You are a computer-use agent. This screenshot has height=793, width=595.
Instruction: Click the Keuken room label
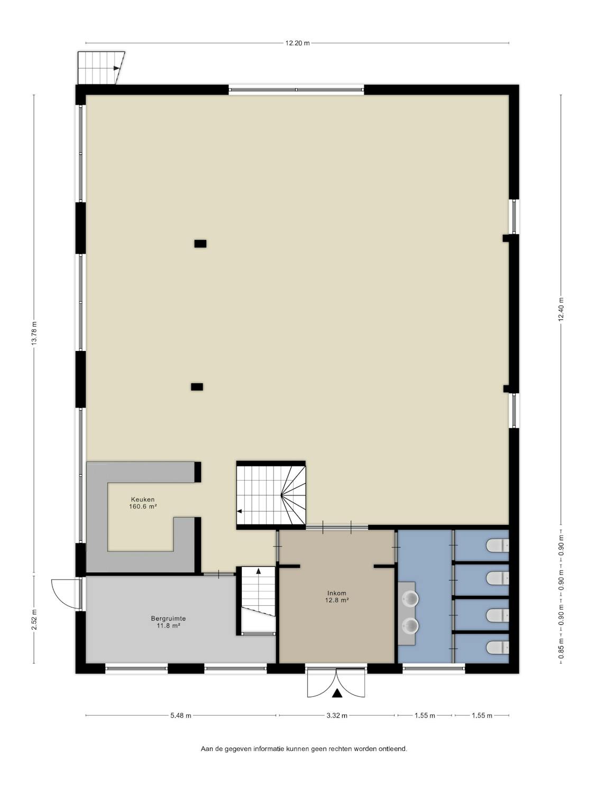click(x=143, y=500)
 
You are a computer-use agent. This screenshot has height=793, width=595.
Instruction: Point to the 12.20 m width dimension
click(x=297, y=43)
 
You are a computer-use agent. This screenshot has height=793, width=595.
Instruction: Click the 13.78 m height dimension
click(x=34, y=333)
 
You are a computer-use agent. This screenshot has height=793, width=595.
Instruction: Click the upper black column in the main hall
click(x=200, y=244)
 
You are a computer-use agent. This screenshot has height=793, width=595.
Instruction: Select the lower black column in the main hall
click(x=197, y=387)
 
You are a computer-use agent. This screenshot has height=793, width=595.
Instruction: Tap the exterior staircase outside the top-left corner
click(x=101, y=68)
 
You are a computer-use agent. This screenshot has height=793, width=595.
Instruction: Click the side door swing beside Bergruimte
click(x=65, y=594)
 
